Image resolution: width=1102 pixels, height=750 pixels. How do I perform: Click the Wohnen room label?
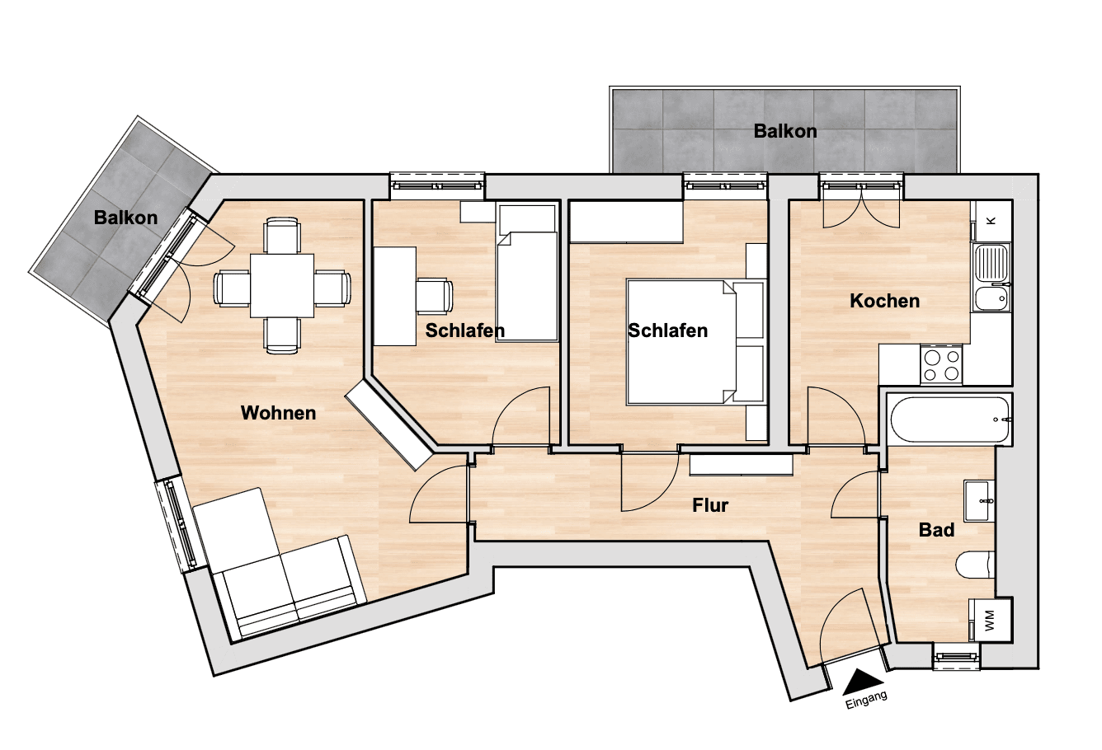[278, 413]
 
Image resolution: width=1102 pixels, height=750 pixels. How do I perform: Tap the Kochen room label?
[884, 301]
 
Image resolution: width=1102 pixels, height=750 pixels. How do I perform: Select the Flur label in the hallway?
[710, 505]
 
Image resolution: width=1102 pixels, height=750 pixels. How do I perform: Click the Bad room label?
[936, 530]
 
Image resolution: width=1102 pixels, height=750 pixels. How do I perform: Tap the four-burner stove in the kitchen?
[941, 364]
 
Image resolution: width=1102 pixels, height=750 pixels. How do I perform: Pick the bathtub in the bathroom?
[949, 420]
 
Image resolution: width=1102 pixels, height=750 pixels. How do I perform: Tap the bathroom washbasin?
[980, 500]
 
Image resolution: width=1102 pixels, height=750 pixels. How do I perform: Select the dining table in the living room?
[281, 285]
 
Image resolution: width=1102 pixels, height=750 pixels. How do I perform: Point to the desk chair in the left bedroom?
[435, 296]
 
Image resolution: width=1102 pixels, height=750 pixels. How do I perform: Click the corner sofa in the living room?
[276, 569]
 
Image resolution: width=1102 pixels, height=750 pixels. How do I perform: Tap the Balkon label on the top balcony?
[784, 131]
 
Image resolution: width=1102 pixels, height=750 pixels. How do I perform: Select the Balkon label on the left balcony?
[125, 218]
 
